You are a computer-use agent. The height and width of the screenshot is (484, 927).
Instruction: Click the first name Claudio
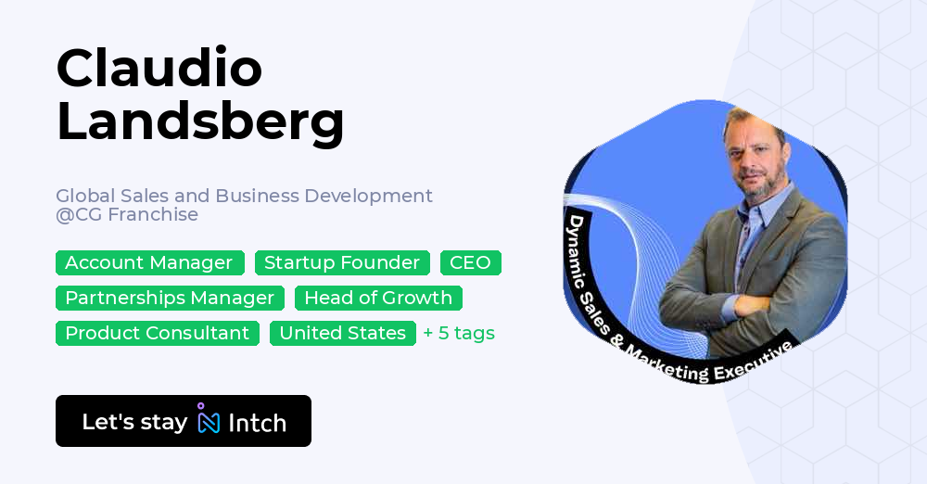159,68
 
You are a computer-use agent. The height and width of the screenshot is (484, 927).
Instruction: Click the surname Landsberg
200,121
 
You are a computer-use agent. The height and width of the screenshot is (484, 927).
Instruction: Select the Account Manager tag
149,263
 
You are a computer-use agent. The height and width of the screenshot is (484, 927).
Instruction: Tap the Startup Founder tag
342,263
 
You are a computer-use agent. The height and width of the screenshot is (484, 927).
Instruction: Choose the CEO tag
470,263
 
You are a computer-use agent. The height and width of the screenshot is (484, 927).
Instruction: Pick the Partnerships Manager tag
170,299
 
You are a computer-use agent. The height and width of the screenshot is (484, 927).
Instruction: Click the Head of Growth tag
378,299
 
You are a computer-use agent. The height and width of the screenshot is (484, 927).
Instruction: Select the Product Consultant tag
157,334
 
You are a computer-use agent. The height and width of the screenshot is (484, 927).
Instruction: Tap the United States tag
342,334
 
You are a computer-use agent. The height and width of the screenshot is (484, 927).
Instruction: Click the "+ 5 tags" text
459,334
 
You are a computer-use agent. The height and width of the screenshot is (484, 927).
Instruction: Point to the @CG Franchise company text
127,215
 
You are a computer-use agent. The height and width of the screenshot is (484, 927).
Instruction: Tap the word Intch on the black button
257,423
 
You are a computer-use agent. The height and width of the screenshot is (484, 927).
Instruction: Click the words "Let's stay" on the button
134,422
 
